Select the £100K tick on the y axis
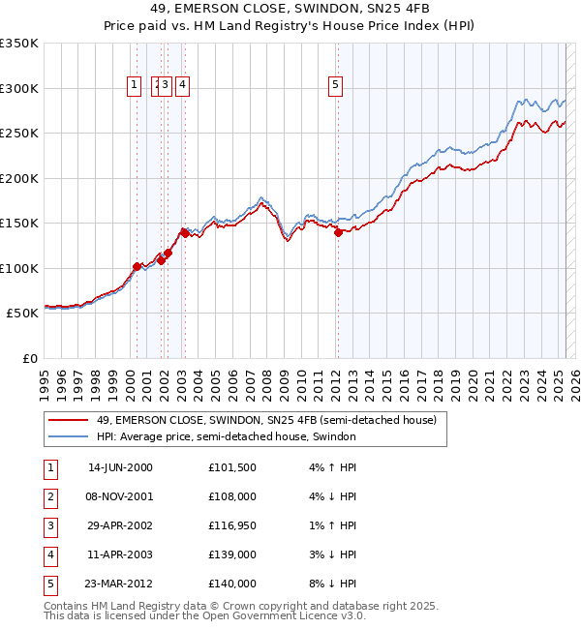click(19, 268)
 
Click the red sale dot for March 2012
click(338, 232)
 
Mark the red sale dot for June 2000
click(137, 266)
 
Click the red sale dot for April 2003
click(184, 233)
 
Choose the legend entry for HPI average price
click(227, 437)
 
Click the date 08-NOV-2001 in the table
click(120, 496)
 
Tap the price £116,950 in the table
click(232, 525)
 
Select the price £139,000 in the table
click(232, 554)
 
